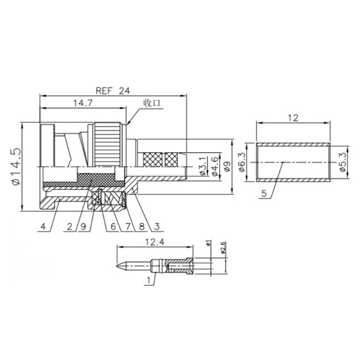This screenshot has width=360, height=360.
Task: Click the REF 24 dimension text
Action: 113,91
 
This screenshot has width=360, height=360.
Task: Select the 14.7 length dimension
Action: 83,103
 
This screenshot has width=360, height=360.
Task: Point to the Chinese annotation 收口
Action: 152,103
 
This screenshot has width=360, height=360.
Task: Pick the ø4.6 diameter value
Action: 215,167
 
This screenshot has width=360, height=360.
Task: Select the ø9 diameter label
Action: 227,167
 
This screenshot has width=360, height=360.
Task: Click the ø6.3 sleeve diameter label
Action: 242,163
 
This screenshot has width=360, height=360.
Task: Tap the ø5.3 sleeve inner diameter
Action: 343,163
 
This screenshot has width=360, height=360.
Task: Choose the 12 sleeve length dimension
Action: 293,118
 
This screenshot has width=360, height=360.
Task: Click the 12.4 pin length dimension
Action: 155,242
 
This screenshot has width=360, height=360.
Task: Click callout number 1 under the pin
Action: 149,281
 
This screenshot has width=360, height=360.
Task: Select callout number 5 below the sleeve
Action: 264,193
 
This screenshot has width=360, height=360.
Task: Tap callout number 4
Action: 43,227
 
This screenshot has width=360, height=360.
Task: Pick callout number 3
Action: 157,227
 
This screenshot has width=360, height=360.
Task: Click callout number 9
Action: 83,227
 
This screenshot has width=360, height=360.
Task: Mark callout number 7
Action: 128,227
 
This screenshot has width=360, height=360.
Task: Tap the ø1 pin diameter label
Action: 208,243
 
